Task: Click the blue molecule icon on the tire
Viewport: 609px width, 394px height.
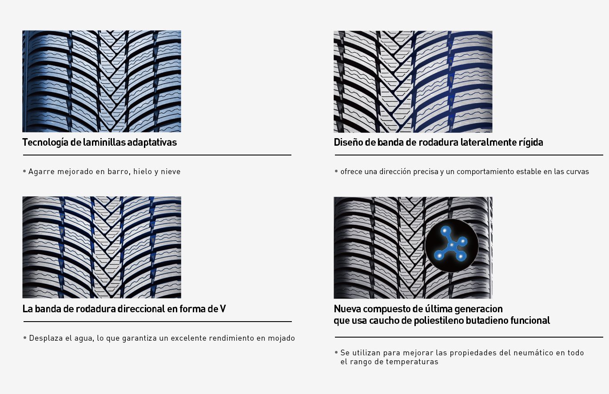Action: (451, 245)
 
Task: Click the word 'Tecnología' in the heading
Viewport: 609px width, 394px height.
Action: (45, 143)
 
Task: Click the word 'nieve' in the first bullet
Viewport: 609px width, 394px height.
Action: (171, 171)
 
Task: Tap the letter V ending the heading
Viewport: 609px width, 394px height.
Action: (223, 309)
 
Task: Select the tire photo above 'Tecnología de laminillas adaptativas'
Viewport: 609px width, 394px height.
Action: (102, 81)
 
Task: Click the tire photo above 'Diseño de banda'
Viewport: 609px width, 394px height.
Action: (413, 82)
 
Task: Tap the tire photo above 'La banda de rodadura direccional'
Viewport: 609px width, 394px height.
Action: (102, 247)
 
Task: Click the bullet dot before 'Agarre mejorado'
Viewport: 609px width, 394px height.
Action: (24, 171)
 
